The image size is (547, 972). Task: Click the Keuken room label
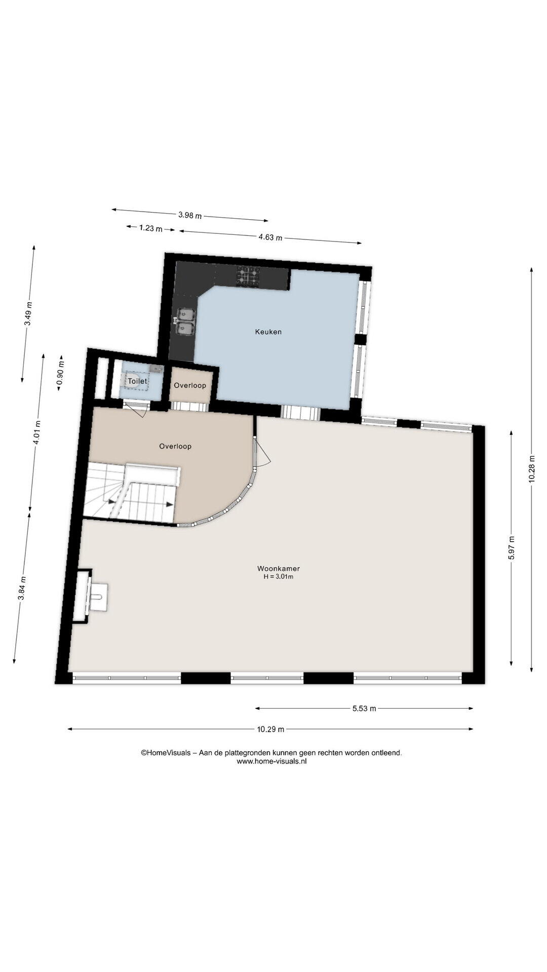(268, 332)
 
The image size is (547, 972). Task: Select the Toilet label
(137, 381)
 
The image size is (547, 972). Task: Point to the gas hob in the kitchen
(248, 276)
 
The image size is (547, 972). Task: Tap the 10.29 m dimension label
(270, 729)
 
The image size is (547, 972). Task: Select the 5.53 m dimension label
(364, 709)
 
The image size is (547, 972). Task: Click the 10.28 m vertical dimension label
(532, 469)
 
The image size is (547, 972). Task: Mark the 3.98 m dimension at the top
(190, 215)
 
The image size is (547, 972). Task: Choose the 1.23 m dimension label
(151, 228)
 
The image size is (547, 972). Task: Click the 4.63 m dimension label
(270, 237)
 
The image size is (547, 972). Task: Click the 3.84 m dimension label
(22, 589)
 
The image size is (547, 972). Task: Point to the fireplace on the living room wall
(90, 596)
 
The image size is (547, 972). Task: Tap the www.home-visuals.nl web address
(271, 761)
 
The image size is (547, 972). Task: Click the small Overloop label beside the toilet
(190, 385)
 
